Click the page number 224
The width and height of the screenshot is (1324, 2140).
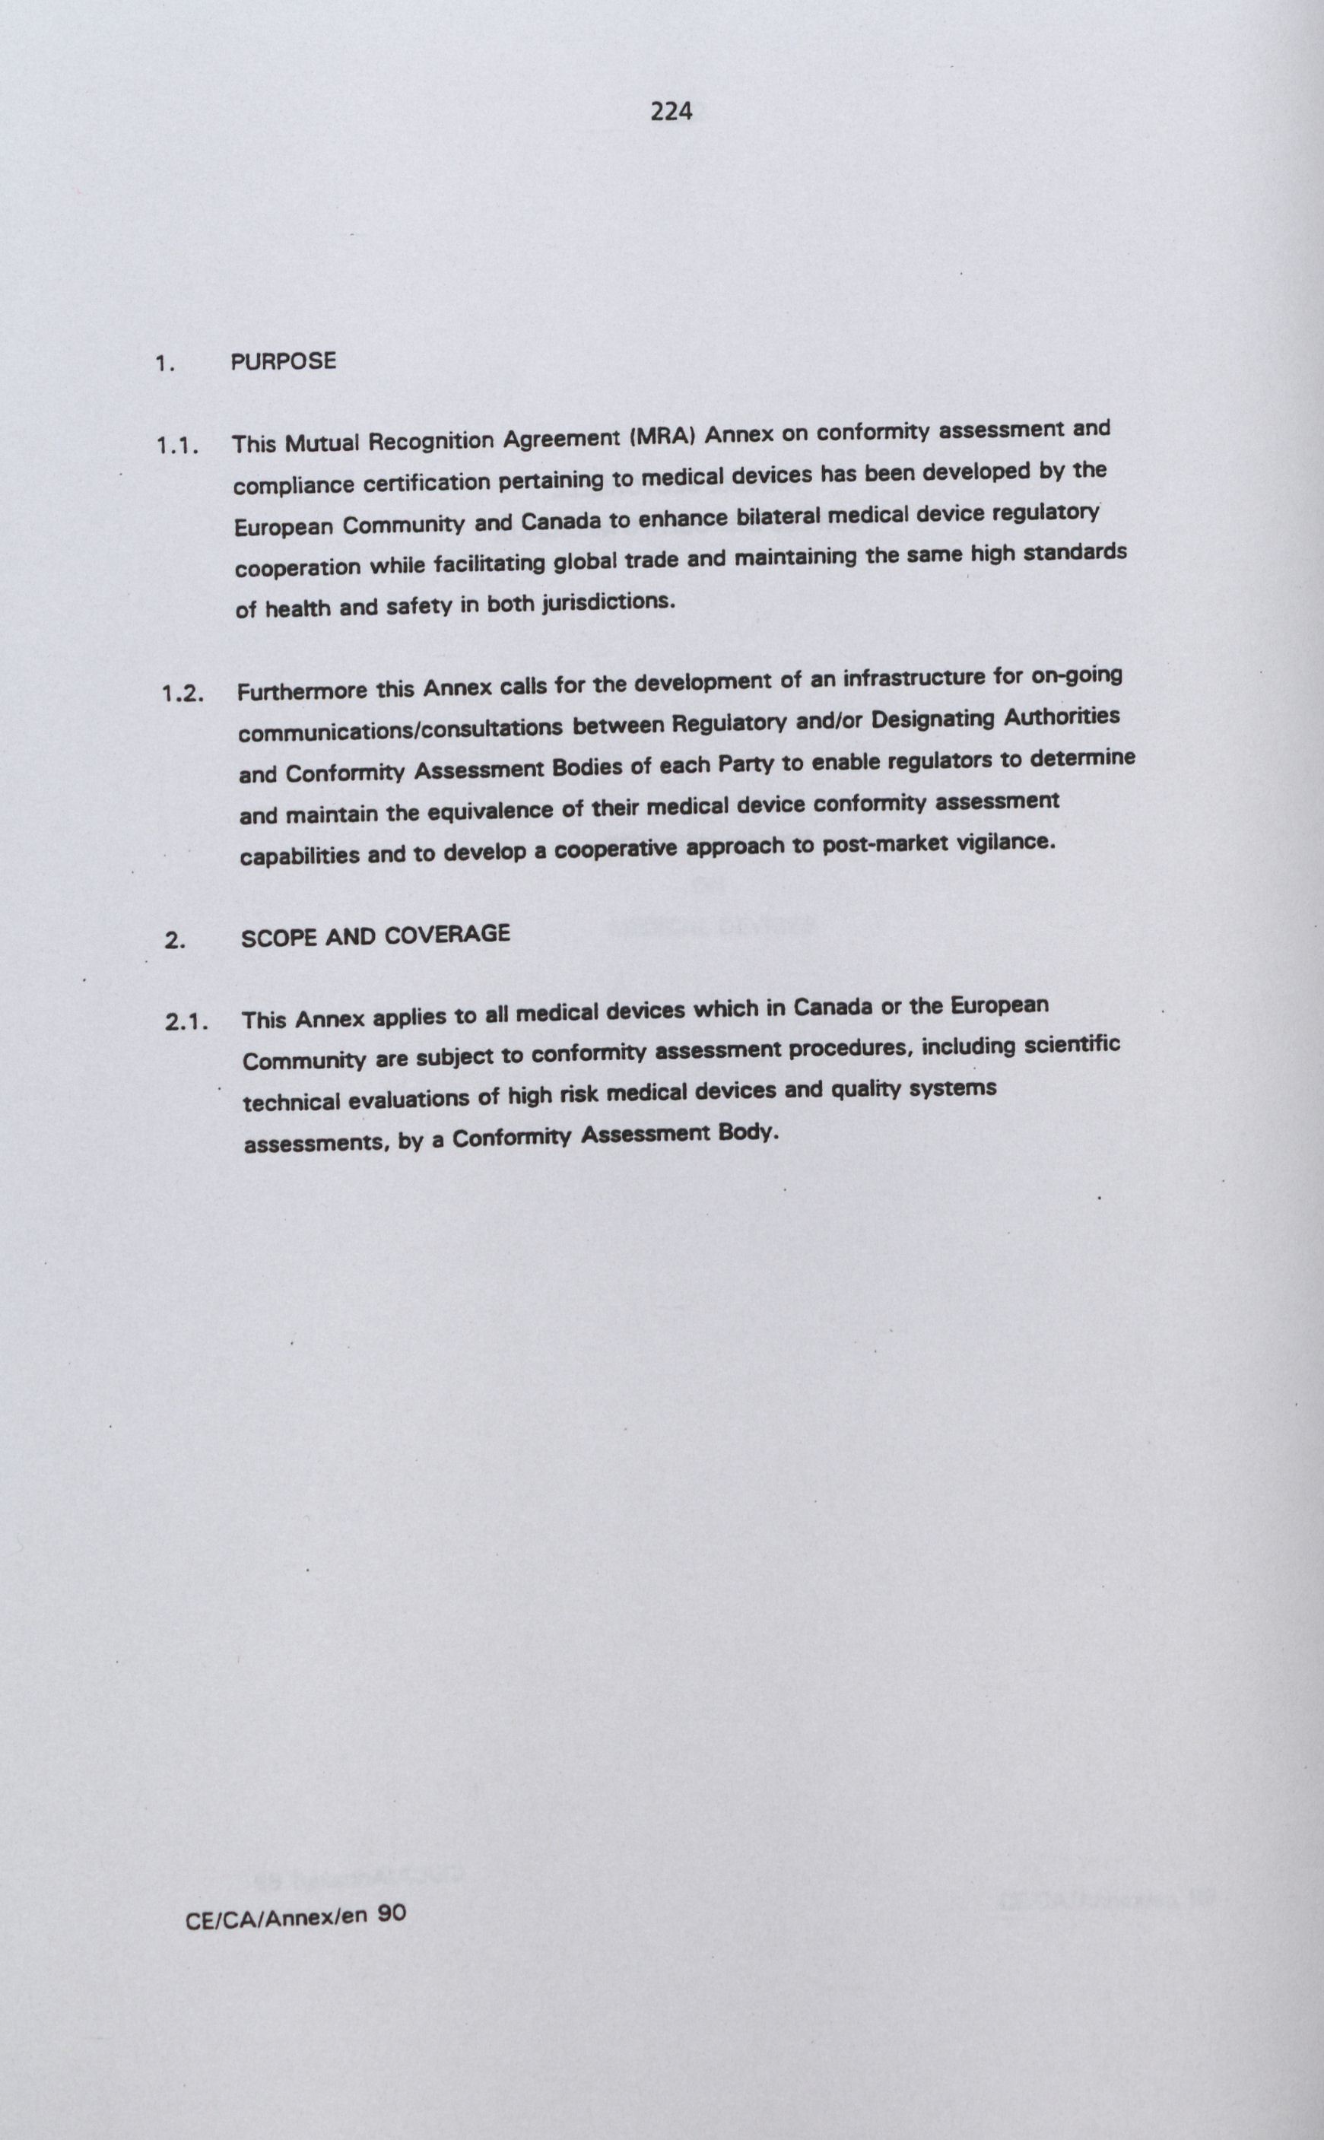(x=672, y=111)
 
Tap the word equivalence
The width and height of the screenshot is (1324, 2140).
(x=491, y=811)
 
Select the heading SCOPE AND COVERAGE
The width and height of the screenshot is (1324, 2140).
(x=375, y=935)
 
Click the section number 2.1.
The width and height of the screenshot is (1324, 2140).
(x=187, y=1021)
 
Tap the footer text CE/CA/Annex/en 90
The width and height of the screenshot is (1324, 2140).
(x=296, y=1942)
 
